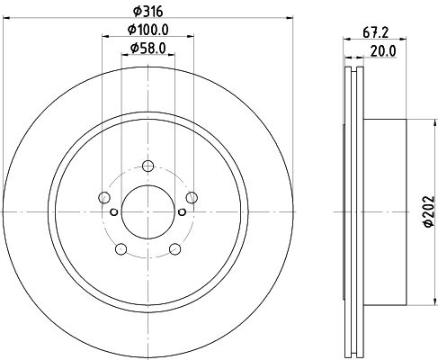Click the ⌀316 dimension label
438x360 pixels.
point(148,12)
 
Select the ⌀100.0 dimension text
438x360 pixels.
point(148,30)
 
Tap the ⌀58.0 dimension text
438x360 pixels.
point(148,48)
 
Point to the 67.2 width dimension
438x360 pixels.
point(375,32)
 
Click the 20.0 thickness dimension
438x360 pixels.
point(383,51)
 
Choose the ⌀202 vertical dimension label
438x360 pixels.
point(429,211)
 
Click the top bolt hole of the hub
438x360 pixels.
point(147,166)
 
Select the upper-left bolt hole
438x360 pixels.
point(104,197)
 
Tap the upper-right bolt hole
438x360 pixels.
point(192,197)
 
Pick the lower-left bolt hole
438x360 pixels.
point(121,249)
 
